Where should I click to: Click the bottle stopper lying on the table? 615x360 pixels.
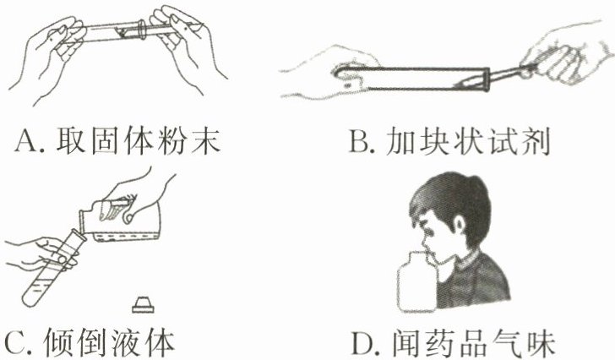point(143,305)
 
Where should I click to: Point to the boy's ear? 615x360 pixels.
point(458,225)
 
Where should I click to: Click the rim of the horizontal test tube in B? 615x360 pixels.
point(487,80)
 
